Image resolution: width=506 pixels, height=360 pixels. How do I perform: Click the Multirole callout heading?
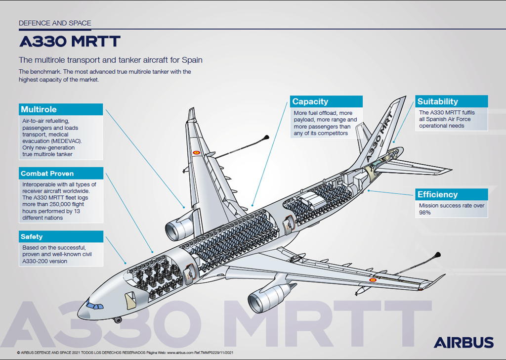[x=39, y=109]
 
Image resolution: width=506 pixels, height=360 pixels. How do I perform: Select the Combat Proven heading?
[x=47, y=174]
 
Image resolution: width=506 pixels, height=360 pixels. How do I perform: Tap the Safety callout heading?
[x=32, y=237]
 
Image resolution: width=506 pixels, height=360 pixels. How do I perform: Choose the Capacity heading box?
[x=310, y=101]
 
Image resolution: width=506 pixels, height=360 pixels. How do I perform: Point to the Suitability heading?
[x=438, y=101]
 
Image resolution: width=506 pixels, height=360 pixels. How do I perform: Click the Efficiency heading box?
[x=437, y=194]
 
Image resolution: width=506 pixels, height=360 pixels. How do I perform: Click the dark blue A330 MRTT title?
[x=69, y=41]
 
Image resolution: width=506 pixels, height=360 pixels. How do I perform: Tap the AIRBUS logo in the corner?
[x=464, y=342]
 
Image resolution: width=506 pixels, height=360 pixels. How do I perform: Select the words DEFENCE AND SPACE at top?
[x=55, y=23]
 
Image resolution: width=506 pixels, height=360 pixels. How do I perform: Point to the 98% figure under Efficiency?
[x=425, y=213]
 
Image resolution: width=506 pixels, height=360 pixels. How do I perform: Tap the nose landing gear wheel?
[x=117, y=320]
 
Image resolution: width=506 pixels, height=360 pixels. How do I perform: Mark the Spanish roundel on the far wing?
[x=196, y=153]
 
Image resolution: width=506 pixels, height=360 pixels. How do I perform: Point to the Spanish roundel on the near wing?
[x=374, y=280]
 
